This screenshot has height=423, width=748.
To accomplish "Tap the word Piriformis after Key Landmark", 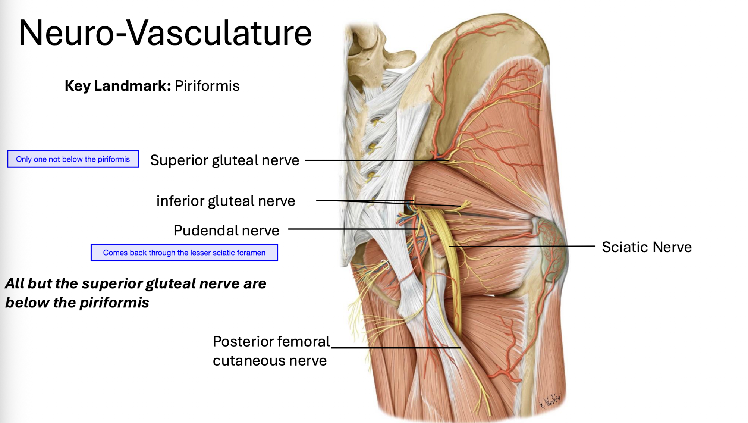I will point(207,86).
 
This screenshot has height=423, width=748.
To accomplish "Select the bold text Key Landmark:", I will point(118,86).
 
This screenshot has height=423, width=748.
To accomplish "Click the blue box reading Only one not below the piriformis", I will point(73,159).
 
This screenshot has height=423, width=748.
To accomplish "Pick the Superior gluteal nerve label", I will point(224,160).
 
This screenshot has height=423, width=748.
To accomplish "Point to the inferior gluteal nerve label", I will point(226,201).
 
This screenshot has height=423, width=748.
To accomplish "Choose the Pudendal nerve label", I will point(226,231).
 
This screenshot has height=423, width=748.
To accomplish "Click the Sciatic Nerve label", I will point(647,247).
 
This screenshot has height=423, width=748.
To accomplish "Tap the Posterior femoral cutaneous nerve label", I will point(271,351).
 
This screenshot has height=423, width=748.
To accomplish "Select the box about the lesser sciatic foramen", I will point(184,253).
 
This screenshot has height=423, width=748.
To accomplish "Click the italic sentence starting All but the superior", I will point(136,293).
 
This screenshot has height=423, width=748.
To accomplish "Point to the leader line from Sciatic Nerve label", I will point(522,246).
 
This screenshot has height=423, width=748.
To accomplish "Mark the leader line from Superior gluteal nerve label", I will point(373,160).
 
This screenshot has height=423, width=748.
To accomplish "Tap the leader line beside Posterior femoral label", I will point(395,348).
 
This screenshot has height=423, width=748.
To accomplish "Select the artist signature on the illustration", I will point(550,401).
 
